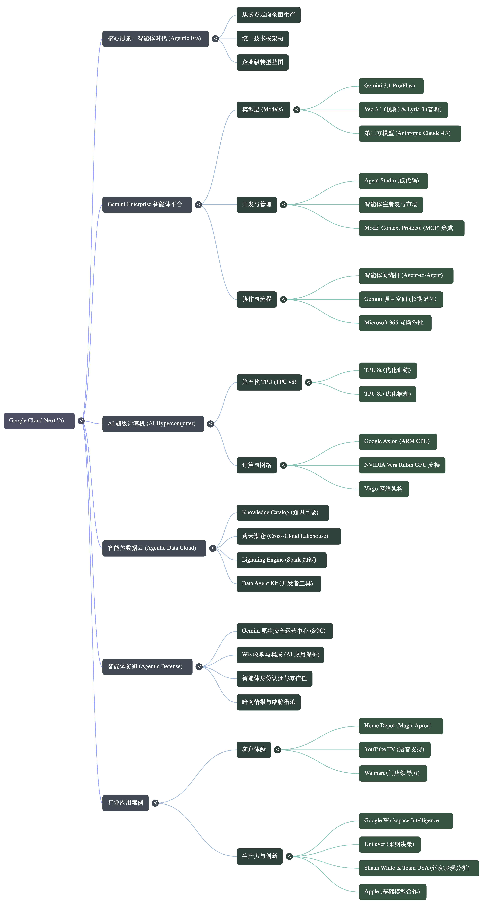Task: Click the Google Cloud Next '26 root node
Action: pyautogui.click(x=39, y=421)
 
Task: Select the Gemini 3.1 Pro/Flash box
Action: pyautogui.click(x=391, y=86)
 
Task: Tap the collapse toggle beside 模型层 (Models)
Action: pyautogui.click(x=297, y=110)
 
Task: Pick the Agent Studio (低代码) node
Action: pyautogui.click(x=393, y=181)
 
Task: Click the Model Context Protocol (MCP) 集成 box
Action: pyautogui.click(x=412, y=228)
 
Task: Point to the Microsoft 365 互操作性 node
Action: pyautogui.click(x=395, y=323)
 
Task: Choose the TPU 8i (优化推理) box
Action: pyautogui.click(x=387, y=394)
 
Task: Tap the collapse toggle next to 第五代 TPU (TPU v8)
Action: pyautogui.click(x=308, y=382)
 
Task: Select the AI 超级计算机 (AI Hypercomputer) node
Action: pyautogui.click(x=153, y=424)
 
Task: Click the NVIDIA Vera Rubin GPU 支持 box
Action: pyautogui.click(x=402, y=465)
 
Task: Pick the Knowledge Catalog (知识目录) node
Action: pyautogui.click(x=282, y=513)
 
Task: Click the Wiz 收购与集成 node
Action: pyautogui.click(x=280, y=655)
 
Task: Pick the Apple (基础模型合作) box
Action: pyautogui.click(x=393, y=892)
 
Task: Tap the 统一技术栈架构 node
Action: pyautogui.click(x=263, y=39)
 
